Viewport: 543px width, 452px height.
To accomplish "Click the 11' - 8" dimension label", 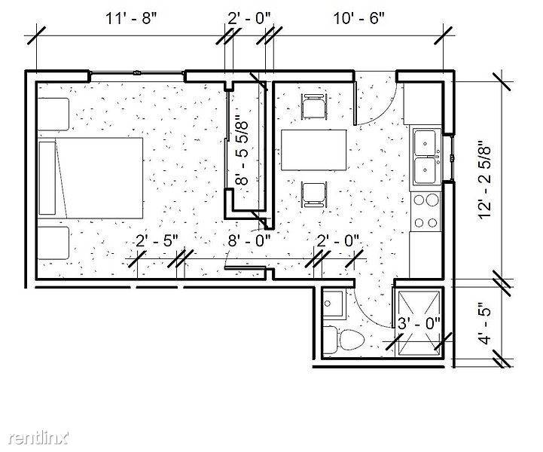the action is [x=131, y=18].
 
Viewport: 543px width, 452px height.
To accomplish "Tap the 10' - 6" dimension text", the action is [x=359, y=18].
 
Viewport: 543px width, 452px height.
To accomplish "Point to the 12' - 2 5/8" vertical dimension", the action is [x=485, y=179].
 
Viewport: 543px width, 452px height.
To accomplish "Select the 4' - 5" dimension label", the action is [x=485, y=324].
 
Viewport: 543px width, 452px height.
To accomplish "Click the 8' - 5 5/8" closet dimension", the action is [x=242, y=152].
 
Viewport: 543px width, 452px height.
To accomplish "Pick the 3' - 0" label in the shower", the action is [x=419, y=323].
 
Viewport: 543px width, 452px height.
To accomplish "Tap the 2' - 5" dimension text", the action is [x=157, y=240].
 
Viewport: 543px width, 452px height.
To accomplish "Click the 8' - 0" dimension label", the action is [x=249, y=240].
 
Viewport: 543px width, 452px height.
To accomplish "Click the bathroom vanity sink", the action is [x=334, y=304].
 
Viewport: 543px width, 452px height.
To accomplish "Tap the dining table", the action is [x=314, y=150].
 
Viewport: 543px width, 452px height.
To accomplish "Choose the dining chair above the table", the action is [x=314, y=106].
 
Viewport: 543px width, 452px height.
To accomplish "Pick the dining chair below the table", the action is [x=314, y=194].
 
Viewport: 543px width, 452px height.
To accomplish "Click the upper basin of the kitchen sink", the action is [x=425, y=142].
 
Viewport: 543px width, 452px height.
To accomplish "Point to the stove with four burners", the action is [x=426, y=212].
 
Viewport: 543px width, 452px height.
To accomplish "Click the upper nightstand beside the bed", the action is [x=53, y=115].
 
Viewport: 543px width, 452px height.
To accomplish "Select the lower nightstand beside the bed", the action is [x=53, y=243].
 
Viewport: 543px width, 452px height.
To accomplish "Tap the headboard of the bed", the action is [x=47, y=178].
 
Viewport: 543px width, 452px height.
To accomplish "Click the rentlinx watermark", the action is [x=38, y=438].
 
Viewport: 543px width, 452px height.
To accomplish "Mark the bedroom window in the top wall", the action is [x=137, y=73].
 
